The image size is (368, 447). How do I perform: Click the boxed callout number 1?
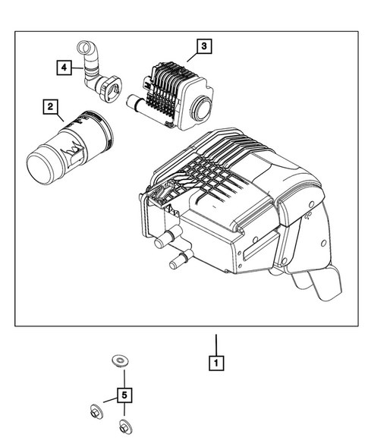[x=217, y=364]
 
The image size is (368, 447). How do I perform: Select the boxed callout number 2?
[x=51, y=107]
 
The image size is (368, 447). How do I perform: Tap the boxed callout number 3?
[x=204, y=46]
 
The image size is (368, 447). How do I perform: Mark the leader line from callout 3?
[x=192, y=58]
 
